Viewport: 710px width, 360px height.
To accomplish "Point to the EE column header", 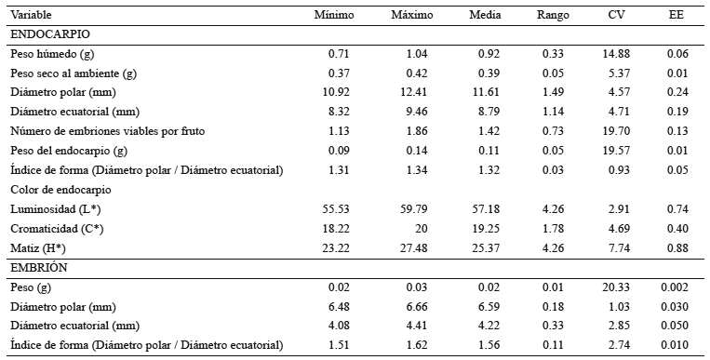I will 677,15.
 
